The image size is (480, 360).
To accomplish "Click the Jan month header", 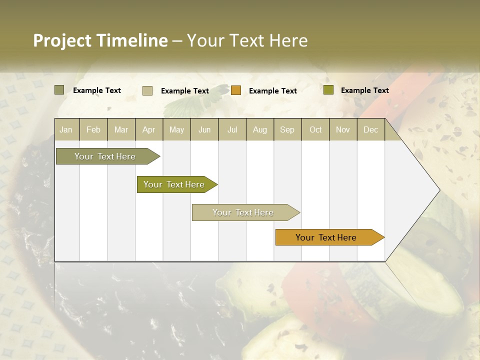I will click(x=66, y=129).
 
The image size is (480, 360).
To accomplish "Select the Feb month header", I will click(x=93, y=129).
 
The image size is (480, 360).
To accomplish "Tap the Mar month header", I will click(x=121, y=129).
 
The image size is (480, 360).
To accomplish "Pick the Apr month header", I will click(x=149, y=129).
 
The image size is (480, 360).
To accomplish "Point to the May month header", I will click(x=176, y=129).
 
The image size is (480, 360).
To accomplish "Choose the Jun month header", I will click(x=204, y=129).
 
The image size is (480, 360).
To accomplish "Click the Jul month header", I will click(x=232, y=129).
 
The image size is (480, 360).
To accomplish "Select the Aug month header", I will click(x=260, y=129).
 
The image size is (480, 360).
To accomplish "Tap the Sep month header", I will click(x=287, y=129).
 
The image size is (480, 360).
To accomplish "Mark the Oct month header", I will click(x=315, y=129).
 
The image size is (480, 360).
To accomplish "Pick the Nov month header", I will click(x=343, y=129).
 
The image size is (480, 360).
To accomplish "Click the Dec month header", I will click(x=371, y=129).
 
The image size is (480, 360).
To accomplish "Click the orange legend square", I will click(x=236, y=90).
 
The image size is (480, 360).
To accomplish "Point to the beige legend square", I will click(x=147, y=90).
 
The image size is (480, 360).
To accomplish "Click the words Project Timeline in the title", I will click(x=100, y=40).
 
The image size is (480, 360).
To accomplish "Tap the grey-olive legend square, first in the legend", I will click(x=59, y=90).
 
